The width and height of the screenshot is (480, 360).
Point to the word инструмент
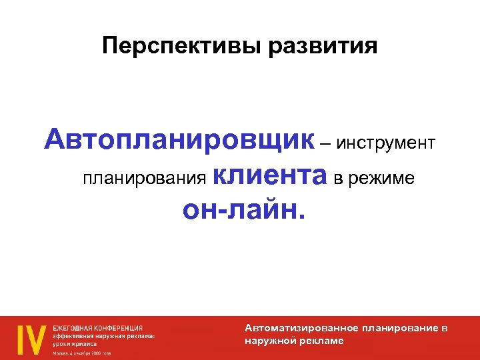(386, 143)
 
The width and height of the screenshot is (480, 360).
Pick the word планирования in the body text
(143, 179)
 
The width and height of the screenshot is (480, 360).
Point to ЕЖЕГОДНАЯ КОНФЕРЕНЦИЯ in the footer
(97, 328)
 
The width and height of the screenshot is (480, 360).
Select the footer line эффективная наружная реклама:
(104, 336)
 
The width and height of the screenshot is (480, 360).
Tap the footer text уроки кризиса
(75, 344)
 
